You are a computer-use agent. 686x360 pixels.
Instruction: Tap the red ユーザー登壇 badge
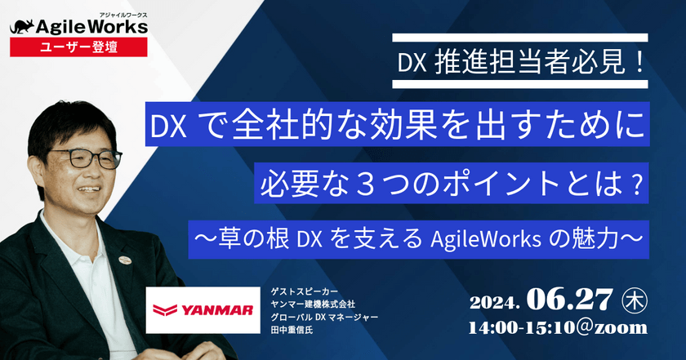coord(78,47)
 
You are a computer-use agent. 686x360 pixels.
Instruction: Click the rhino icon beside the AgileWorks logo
coord(23,27)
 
